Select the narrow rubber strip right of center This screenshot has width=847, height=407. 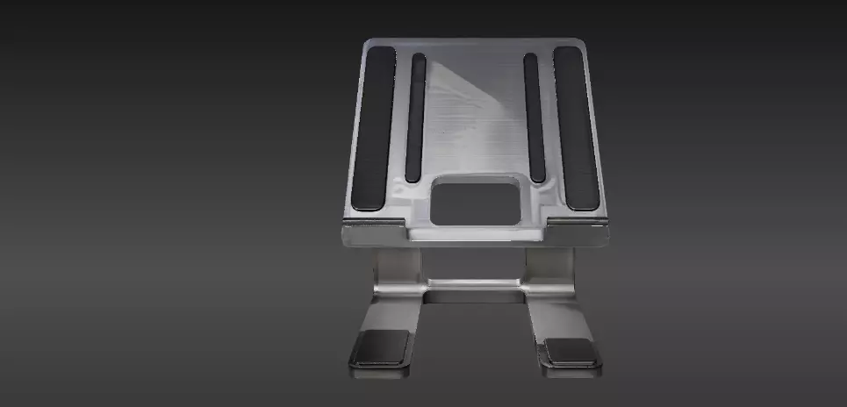click(x=534, y=117)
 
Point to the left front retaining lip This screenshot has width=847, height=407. click(x=372, y=231)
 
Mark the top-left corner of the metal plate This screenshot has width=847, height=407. click(x=366, y=43)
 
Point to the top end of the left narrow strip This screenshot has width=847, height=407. click(x=419, y=60)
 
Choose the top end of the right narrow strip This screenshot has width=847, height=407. click(x=530, y=60)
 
